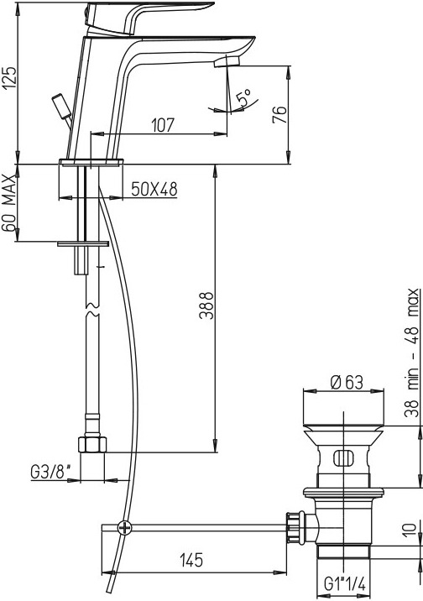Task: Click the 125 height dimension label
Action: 9,79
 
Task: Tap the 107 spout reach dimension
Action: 163,125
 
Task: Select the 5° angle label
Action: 244,97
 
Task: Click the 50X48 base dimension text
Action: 154,189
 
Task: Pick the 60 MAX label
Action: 8,203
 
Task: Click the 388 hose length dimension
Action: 206,306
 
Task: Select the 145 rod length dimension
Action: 191,560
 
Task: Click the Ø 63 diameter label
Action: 347,383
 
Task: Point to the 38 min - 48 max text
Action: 413,353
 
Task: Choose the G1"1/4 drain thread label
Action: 345,584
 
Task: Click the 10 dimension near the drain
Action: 410,530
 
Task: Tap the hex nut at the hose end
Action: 92,444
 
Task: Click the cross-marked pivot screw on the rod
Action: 124,529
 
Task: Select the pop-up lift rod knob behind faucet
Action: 61,106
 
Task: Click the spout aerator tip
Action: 227,61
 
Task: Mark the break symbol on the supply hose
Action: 91,309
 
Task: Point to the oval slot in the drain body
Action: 343,458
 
